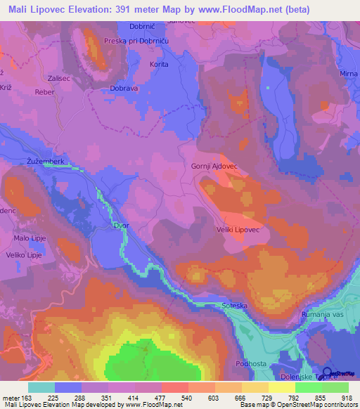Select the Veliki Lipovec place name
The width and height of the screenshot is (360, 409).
(238, 230)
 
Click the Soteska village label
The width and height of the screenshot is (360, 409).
(229, 306)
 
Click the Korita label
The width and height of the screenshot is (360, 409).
(139, 64)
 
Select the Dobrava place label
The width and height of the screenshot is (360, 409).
(124, 89)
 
